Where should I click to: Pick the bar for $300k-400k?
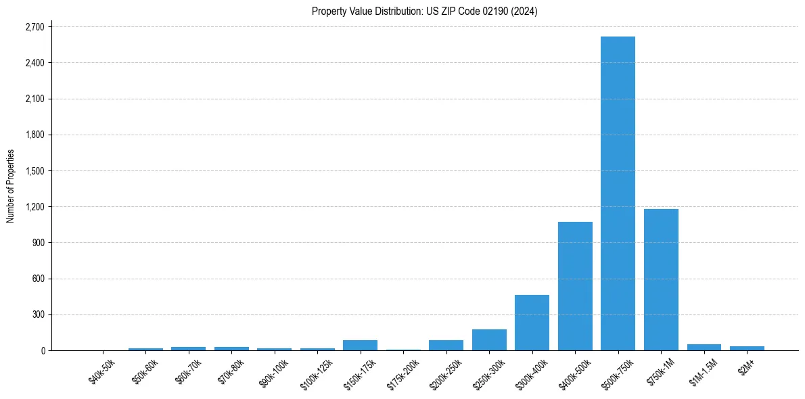point(532,323)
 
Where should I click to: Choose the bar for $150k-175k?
point(360,345)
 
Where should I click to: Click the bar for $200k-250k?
point(446,345)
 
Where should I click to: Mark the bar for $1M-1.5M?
point(704,347)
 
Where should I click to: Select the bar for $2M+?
point(747,348)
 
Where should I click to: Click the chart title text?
point(424,11)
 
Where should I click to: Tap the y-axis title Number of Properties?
point(11,186)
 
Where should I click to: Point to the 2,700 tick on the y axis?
point(34,27)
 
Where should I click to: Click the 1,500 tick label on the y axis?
point(34,170)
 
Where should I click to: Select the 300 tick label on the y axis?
point(38,314)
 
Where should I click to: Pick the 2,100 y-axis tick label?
point(34,99)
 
